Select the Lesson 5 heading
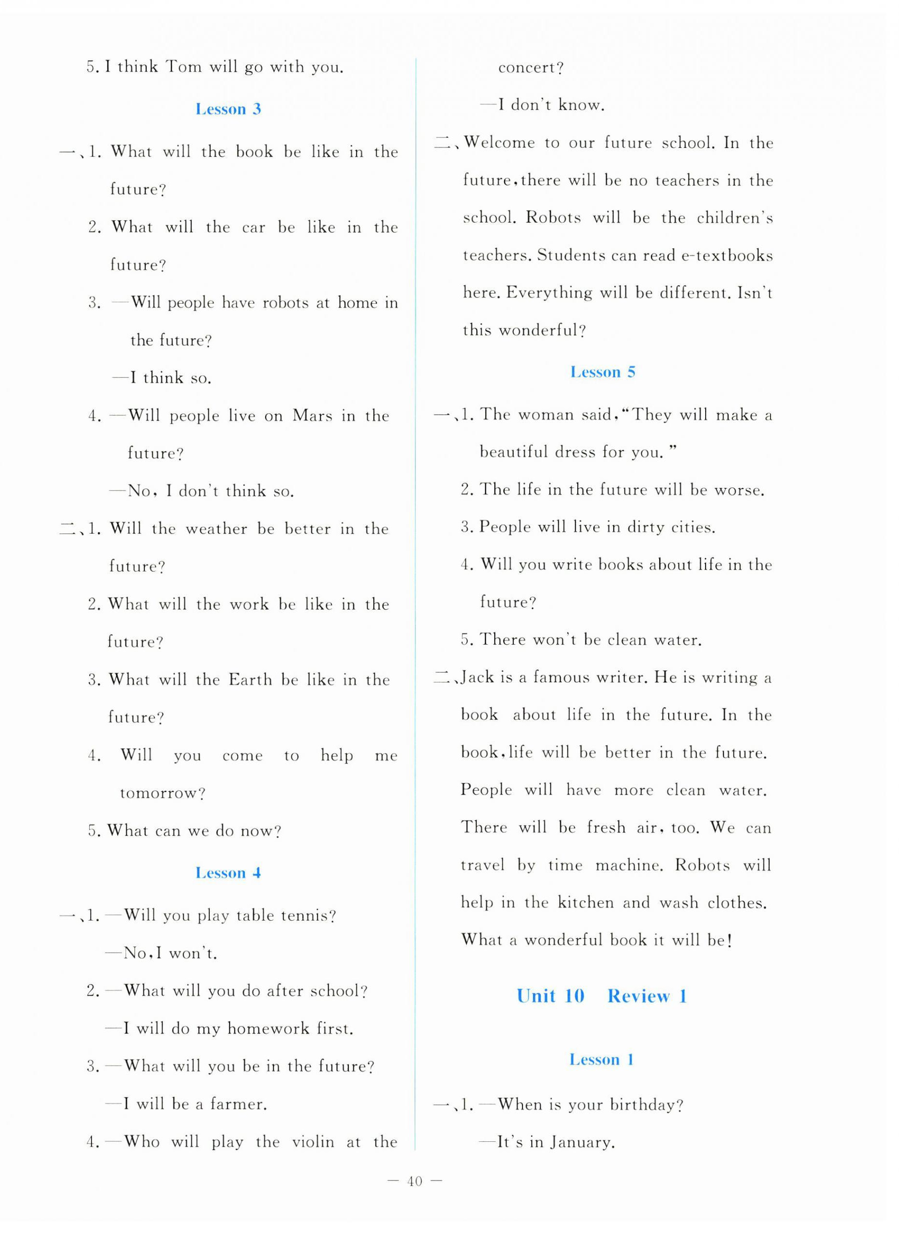pyautogui.click(x=602, y=372)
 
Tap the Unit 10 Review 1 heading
pyautogui.click(x=601, y=996)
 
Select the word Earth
pyautogui.click(x=250, y=680)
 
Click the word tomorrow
pyautogui.click(x=162, y=793)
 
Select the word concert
pyautogui.click(x=531, y=68)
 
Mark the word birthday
pyautogui.click(x=646, y=1104)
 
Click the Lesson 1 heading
pyautogui.click(x=601, y=1059)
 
